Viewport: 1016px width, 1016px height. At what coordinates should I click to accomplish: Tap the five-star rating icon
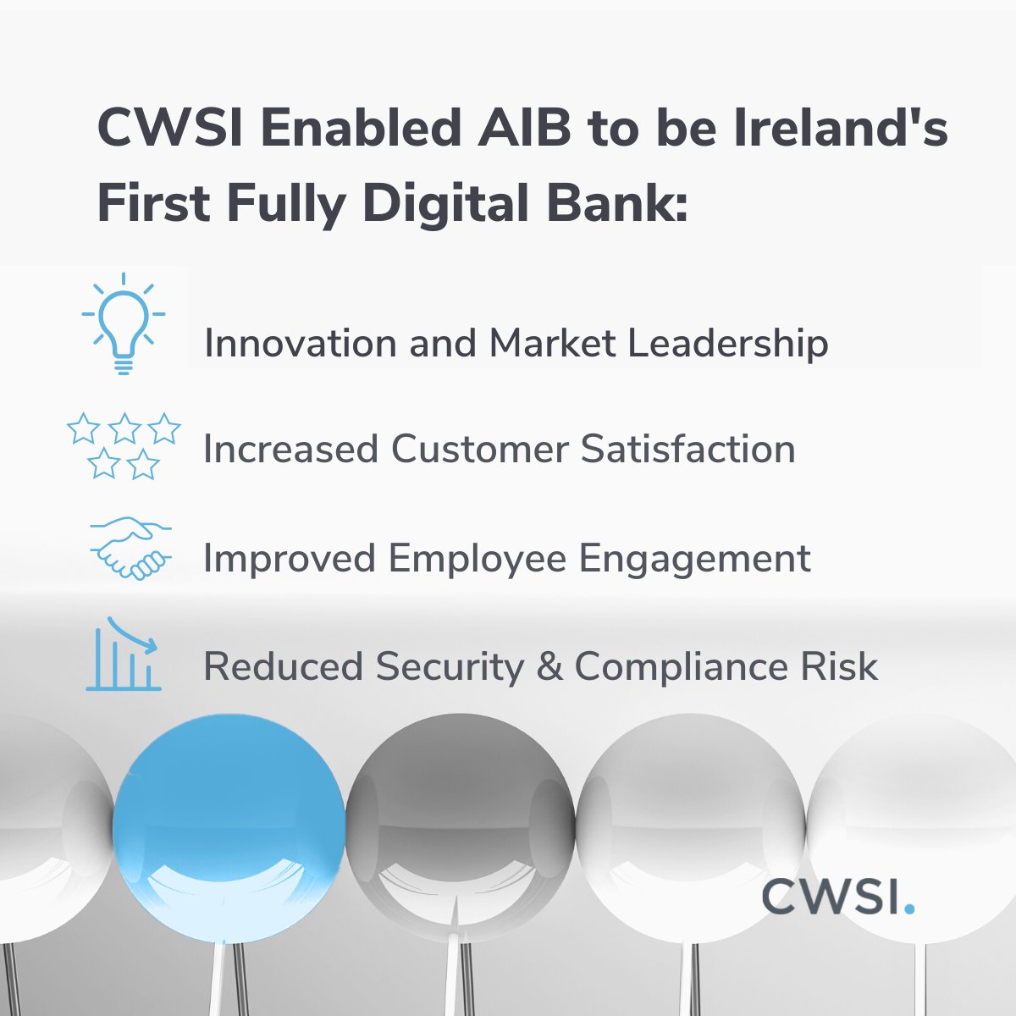124,445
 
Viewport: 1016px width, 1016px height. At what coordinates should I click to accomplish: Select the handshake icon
130,549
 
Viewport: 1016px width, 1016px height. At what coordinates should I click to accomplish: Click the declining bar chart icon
124,654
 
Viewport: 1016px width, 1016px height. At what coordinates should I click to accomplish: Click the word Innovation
301,344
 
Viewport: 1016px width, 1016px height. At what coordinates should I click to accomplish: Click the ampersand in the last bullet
549,667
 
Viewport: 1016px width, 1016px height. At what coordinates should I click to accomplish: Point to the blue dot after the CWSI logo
909,908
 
